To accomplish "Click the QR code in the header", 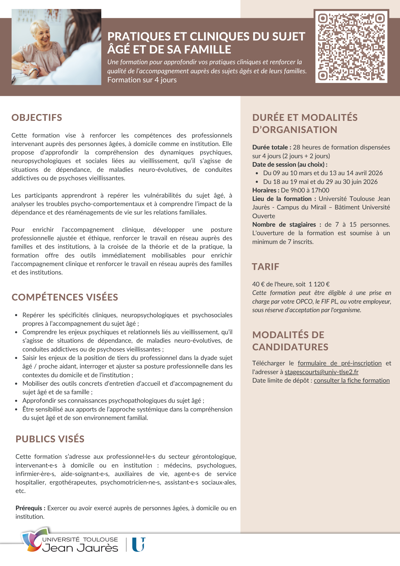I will (351, 47).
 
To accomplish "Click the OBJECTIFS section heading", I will (37, 118).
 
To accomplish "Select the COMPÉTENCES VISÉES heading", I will (65, 297).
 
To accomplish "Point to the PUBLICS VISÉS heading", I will (50, 439).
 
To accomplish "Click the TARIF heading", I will (266, 267).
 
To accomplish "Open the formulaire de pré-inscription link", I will (339, 363).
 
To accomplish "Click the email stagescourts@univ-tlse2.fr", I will (321, 372).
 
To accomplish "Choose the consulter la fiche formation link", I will (352, 381).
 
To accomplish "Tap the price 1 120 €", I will (319, 284).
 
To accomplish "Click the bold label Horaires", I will (266, 190).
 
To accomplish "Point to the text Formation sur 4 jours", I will (142, 80).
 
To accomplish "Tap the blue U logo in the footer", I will (139, 544).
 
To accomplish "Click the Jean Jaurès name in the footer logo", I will (80, 548).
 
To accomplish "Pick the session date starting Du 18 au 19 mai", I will (320, 182).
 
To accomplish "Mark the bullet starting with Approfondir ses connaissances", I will (113, 401).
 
